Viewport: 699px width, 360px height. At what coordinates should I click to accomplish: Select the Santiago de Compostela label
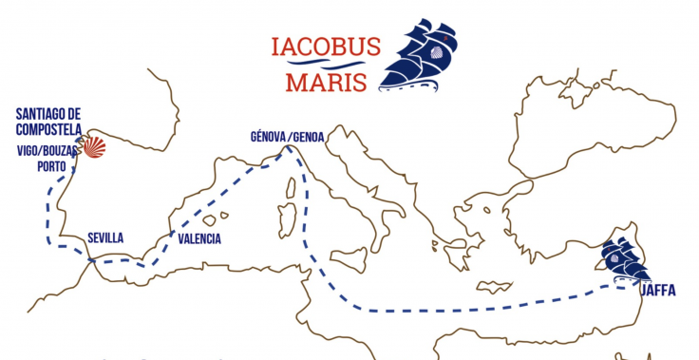coord(47,122)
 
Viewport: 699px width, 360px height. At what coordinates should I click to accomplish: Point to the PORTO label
coord(52,165)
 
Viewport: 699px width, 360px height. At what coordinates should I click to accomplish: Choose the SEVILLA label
coord(104,238)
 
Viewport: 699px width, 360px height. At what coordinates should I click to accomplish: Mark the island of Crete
coord(493,285)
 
